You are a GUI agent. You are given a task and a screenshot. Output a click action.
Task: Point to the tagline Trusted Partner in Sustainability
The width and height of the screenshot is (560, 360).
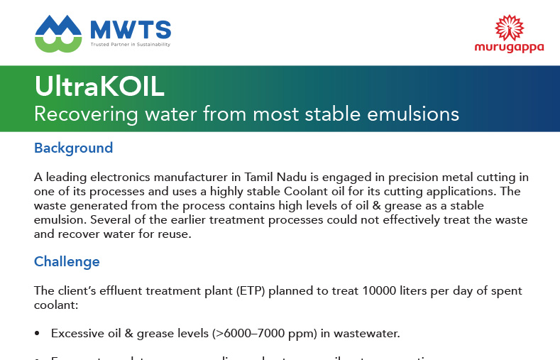pyautogui.click(x=130, y=44)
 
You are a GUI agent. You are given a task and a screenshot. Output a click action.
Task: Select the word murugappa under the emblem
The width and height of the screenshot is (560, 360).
pyautogui.click(x=509, y=48)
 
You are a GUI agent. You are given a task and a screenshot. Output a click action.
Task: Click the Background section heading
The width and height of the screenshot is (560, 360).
pyautogui.click(x=73, y=148)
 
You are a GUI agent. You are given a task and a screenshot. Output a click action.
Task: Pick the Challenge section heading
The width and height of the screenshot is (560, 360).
pyautogui.click(x=67, y=261)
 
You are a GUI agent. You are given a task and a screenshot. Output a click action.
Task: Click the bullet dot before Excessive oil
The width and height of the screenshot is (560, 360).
pyautogui.click(x=37, y=333)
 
